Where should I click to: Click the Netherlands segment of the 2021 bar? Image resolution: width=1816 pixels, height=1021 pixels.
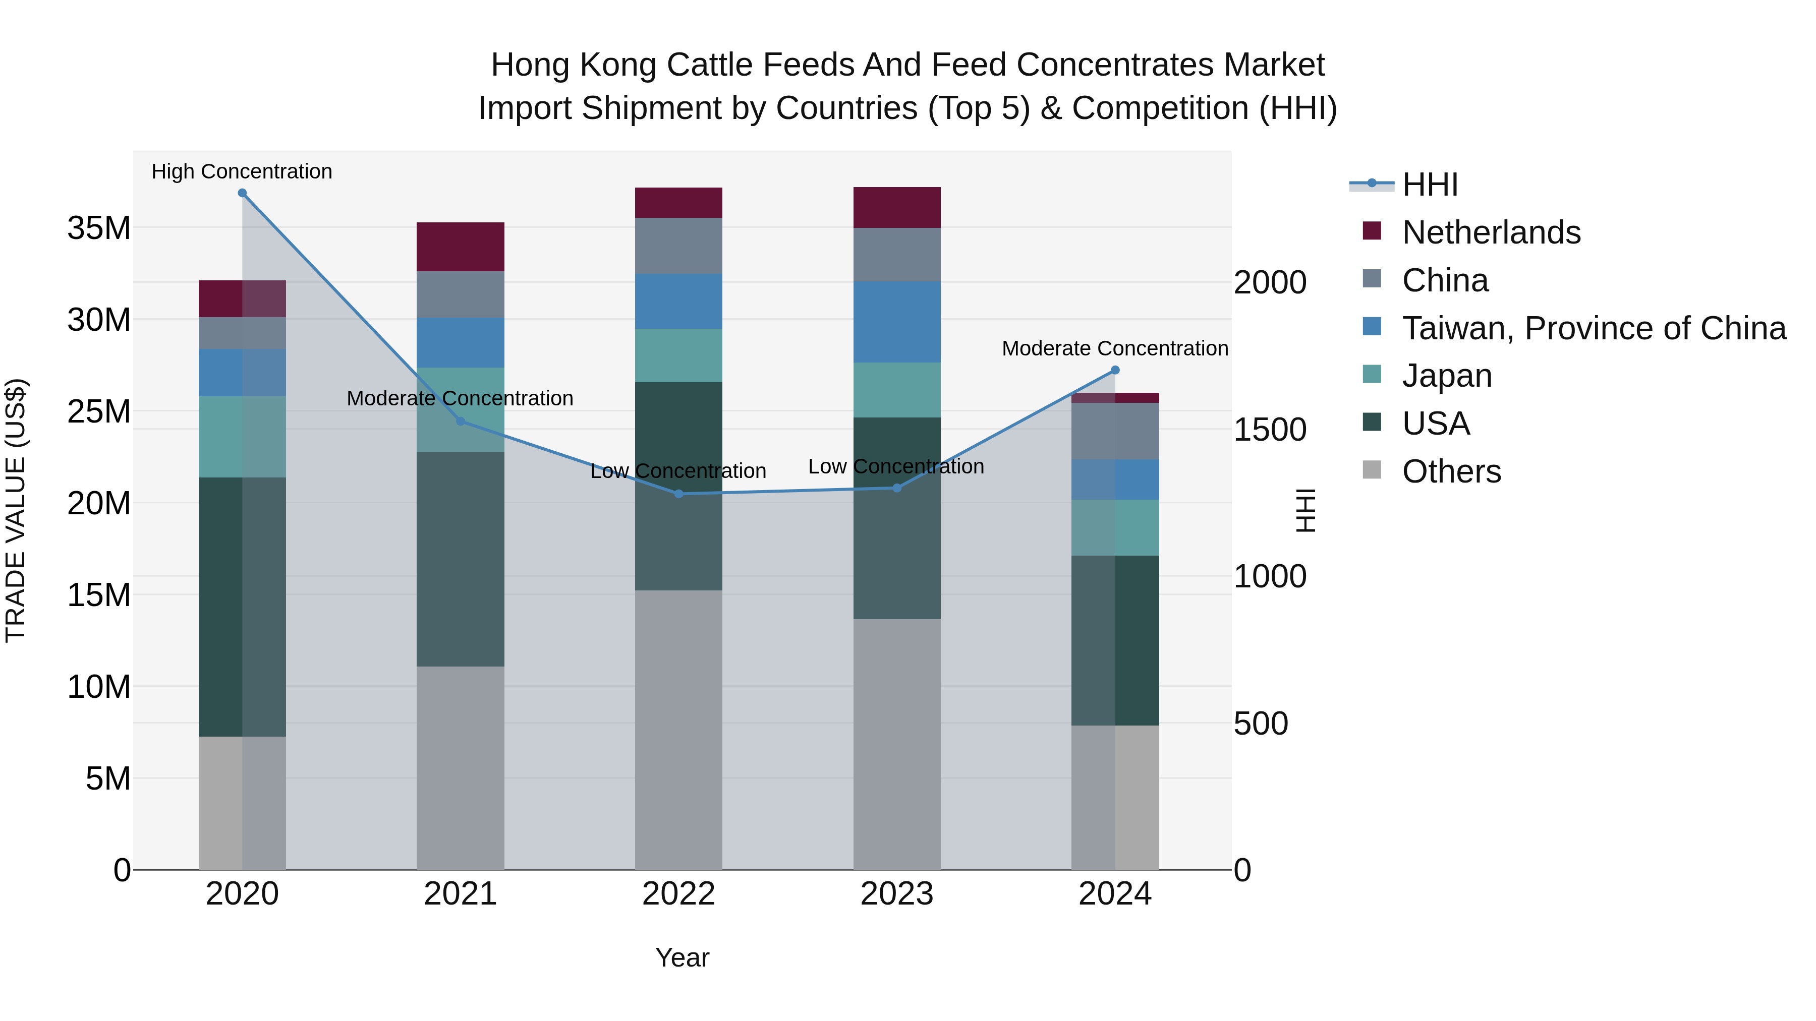461,247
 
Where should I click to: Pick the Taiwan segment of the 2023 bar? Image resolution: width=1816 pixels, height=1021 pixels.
897,322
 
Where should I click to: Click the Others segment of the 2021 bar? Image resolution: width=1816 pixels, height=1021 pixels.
461,767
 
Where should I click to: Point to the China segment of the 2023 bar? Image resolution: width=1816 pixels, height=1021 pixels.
897,255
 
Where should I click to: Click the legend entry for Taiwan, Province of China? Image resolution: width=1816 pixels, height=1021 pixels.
1593,328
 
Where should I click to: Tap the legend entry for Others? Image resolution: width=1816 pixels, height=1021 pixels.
1451,471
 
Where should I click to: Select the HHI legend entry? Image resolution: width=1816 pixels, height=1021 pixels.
1429,185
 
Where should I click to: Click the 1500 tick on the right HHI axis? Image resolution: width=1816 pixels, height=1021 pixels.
1270,430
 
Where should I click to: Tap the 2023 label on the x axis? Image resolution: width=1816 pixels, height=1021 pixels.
897,894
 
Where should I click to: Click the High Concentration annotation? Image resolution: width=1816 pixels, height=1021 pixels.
242,171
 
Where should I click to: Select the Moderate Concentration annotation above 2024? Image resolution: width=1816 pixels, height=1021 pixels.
1114,348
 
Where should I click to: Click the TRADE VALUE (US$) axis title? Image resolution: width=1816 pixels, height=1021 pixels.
16,510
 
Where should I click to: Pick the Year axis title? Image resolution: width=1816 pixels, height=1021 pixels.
682,957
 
